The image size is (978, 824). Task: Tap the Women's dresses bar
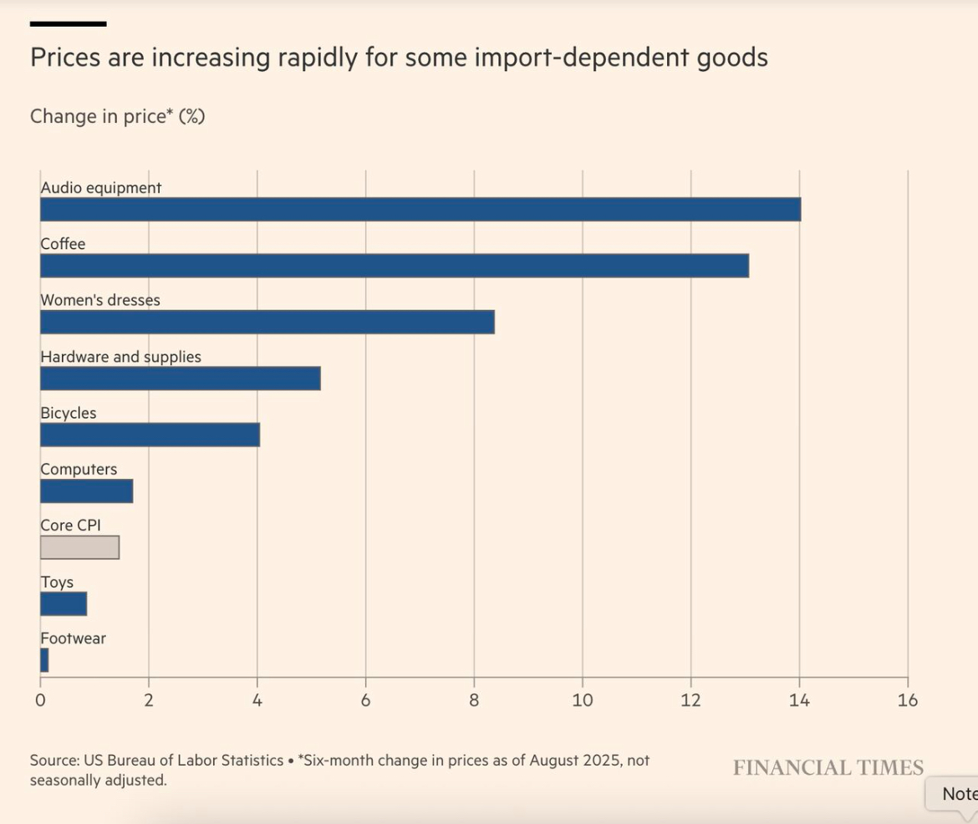click(267, 322)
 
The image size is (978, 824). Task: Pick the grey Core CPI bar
click(80, 547)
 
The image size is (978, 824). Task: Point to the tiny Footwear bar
click(44, 660)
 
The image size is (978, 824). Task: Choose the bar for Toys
click(64, 604)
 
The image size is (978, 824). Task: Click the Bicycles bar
click(150, 435)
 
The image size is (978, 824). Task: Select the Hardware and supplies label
click(121, 357)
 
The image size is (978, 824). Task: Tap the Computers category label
click(79, 470)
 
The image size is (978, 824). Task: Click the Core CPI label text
click(70, 526)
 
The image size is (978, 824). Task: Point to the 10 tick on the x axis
click(583, 700)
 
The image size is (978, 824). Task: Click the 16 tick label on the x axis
click(908, 700)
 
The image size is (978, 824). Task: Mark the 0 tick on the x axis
click(40, 700)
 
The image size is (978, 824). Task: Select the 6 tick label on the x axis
click(365, 700)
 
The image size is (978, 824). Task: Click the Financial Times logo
click(828, 768)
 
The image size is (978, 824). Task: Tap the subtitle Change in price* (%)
click(118, 116)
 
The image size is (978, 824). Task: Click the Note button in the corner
click(957, 794)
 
